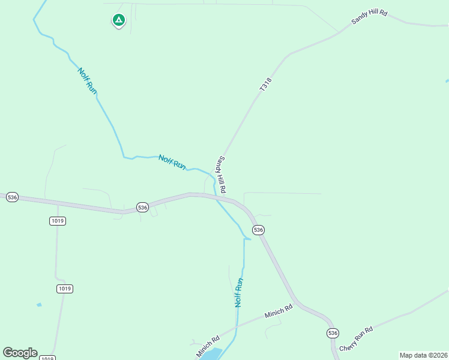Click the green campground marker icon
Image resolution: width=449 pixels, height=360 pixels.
(x=119, y=21)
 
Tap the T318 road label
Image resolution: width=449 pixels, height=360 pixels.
(x=266, y=85)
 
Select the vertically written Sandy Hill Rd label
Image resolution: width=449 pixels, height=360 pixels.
(x=221, y=175)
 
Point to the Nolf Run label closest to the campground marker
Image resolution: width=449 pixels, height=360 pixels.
(x=87, y=80)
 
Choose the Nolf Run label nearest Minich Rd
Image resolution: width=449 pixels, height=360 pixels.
(x=239, y=293)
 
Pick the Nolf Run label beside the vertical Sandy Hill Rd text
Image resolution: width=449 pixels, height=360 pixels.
(x=172, y=162)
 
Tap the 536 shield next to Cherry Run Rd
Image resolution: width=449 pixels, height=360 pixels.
(x=333, y=333)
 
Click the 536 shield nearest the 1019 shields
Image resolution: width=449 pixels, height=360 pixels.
(x=12, y=197)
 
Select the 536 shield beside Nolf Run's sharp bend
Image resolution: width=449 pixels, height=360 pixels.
(x=258, y=230)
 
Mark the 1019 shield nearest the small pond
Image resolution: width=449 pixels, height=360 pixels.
(x=65, y=289)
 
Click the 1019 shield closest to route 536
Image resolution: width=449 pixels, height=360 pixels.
(x=58, y=221)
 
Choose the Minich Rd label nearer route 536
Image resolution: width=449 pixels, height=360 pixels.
(x=279, y=311)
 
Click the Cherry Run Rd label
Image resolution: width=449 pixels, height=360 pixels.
(x=356, y=340)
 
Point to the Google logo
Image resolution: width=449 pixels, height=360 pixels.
(x=20, y=353)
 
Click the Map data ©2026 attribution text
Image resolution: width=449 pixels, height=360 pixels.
(x=423, y=355)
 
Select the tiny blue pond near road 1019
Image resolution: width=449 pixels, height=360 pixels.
(x=39, y=305)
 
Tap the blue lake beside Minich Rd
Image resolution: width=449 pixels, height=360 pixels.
(x=211, y=354)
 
